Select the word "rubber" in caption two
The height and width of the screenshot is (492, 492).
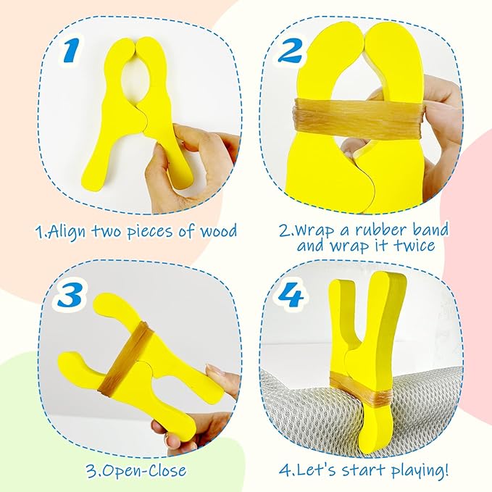pyautogui.click(x=381, y=230)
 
